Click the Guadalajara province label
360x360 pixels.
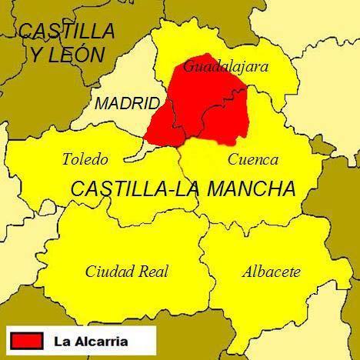225,67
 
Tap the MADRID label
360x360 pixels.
127,104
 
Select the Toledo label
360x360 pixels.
85,160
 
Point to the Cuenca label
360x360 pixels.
253,160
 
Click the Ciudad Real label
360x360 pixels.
127,272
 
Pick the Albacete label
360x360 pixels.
271,272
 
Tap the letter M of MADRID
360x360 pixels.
102,104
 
